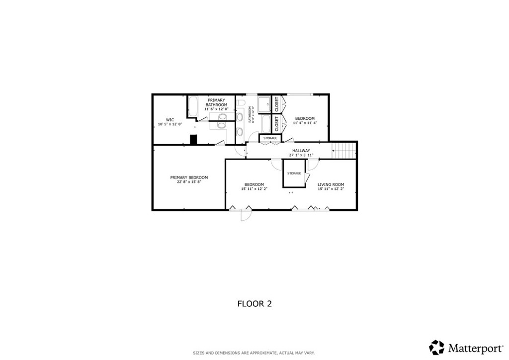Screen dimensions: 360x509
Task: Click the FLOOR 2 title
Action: point(254,303)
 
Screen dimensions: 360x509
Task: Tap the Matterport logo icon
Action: point(436,347)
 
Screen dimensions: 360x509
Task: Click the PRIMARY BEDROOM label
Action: point(189,178)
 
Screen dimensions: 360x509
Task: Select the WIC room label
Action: point(170,119)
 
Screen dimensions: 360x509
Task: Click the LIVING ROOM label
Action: point(331,184)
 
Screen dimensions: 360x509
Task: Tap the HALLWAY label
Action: point(301,151)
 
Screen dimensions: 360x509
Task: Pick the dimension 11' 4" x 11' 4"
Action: point(305,123)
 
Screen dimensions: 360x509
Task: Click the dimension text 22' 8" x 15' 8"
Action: point(189,182)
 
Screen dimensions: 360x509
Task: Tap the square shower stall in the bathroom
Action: point(264,104)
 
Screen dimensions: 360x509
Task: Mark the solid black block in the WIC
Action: point(194,140)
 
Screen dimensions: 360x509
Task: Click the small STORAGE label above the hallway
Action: point(270,138)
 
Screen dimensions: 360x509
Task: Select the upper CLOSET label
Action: point(277,102)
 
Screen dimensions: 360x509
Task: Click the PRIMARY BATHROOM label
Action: point(217,102)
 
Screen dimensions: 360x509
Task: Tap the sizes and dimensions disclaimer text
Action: point(254,353)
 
